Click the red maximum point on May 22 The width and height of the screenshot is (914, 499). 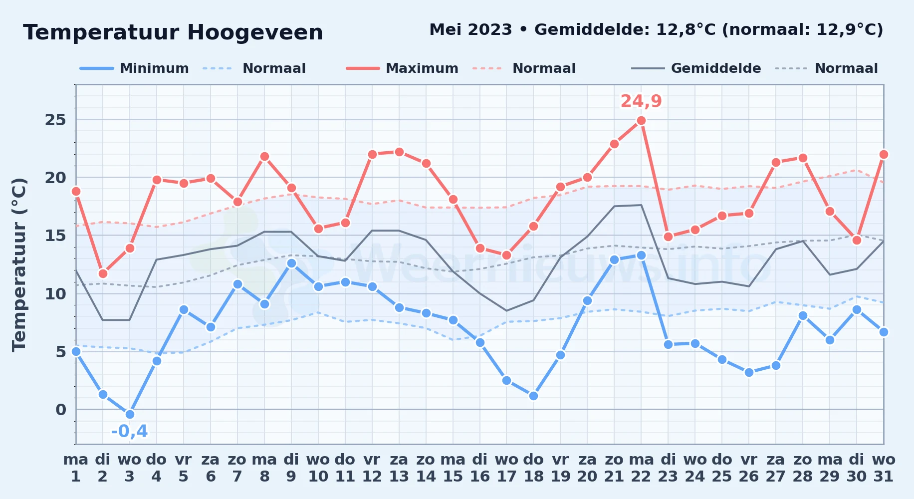(641, 121)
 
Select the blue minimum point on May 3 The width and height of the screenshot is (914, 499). (130, 414)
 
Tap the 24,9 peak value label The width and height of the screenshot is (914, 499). (641, 101)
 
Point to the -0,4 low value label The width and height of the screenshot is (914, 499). (130, 431)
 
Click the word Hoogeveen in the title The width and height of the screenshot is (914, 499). (255, 33)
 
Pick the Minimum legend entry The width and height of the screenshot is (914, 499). (134, 68)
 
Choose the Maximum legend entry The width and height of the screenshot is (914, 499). (402, 68)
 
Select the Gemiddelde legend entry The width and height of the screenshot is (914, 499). (696, 68)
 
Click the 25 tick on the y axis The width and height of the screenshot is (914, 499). (55, 120)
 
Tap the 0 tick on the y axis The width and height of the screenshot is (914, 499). (61, 410)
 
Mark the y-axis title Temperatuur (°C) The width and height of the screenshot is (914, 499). (19, 264)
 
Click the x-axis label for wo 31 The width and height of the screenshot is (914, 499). (884, 468)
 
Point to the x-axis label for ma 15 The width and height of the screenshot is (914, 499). (453, 468)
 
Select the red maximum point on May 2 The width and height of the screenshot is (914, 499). (103, 273)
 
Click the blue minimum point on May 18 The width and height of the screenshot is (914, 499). (533, 396)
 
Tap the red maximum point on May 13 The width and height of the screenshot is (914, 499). (399, 152)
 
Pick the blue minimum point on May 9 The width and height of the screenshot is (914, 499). (291, 263)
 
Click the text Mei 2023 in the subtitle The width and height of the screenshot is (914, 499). (470, 30)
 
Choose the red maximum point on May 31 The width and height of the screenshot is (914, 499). (884, 154)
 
